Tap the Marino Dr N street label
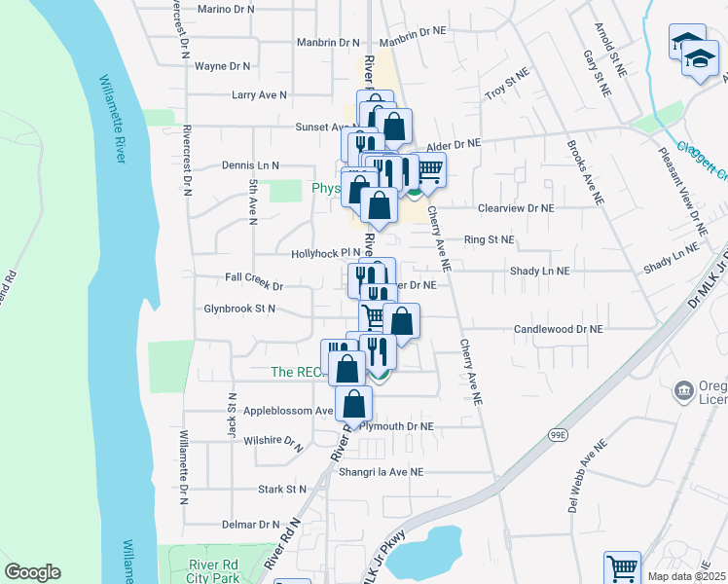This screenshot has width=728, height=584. pos(225,9)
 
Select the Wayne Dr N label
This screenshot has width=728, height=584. pos(223,66)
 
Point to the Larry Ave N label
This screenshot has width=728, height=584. pos(259,95)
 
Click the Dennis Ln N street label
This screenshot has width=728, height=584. pos(250,165)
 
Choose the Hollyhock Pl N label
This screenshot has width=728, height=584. pos(325,253)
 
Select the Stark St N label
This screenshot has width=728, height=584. pos(282,489)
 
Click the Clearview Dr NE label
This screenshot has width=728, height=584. pos(515,208)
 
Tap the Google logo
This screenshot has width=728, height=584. pos(32,572)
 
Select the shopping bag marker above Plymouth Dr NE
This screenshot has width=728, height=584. pos(354,404)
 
